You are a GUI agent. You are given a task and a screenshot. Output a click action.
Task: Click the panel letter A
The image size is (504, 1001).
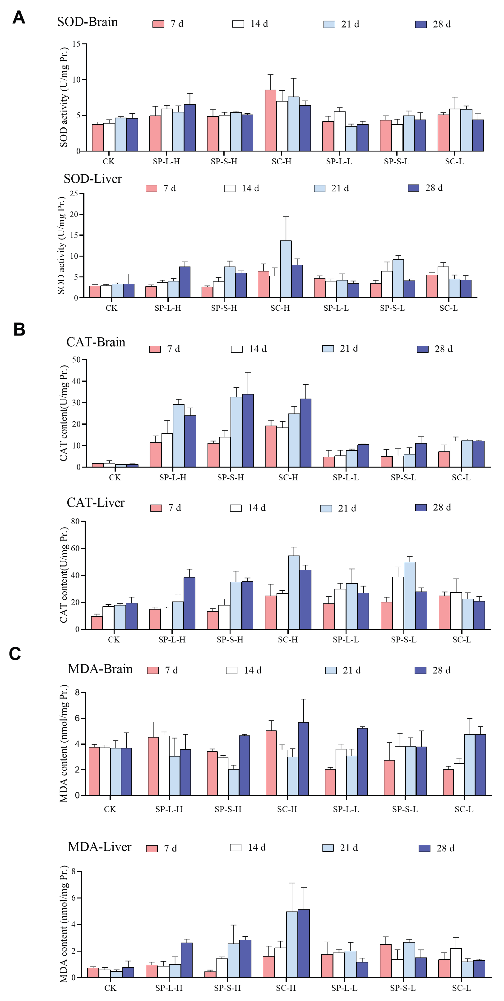pyautogui.click(x=19, y=18)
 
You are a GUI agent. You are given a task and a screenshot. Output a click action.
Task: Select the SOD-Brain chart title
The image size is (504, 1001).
pyautogui.click(x=87, y=22)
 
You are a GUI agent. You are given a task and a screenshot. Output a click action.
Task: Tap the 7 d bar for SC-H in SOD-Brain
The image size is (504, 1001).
pyautogui.click(x=270, y=120)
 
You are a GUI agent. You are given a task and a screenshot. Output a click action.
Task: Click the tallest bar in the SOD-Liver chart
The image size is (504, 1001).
pyautogui.click(x=286, y=269)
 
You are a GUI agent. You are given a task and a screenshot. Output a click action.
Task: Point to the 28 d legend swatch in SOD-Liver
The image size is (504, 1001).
pyautogui.click(x=413, y=188)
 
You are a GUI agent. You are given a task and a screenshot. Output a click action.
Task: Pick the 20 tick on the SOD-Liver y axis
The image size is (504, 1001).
pyautogui.click(x=74, y=215)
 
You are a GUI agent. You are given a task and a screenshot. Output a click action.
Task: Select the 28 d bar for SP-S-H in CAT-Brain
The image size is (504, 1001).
pyautogui.click(x=248, y=431)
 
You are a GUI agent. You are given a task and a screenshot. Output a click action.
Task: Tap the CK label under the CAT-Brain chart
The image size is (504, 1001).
pyautogui.click(x=115, y=478)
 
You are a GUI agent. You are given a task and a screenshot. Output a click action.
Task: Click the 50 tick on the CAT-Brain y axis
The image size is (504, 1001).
pyautogui.click(x=76, y=360)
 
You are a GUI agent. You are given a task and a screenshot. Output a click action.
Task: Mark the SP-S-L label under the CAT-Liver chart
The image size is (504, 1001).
pyautogui.click(x=404, y=640)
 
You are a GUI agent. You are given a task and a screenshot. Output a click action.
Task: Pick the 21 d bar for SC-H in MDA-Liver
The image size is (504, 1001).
pyautogui.click(x=292, y=944)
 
